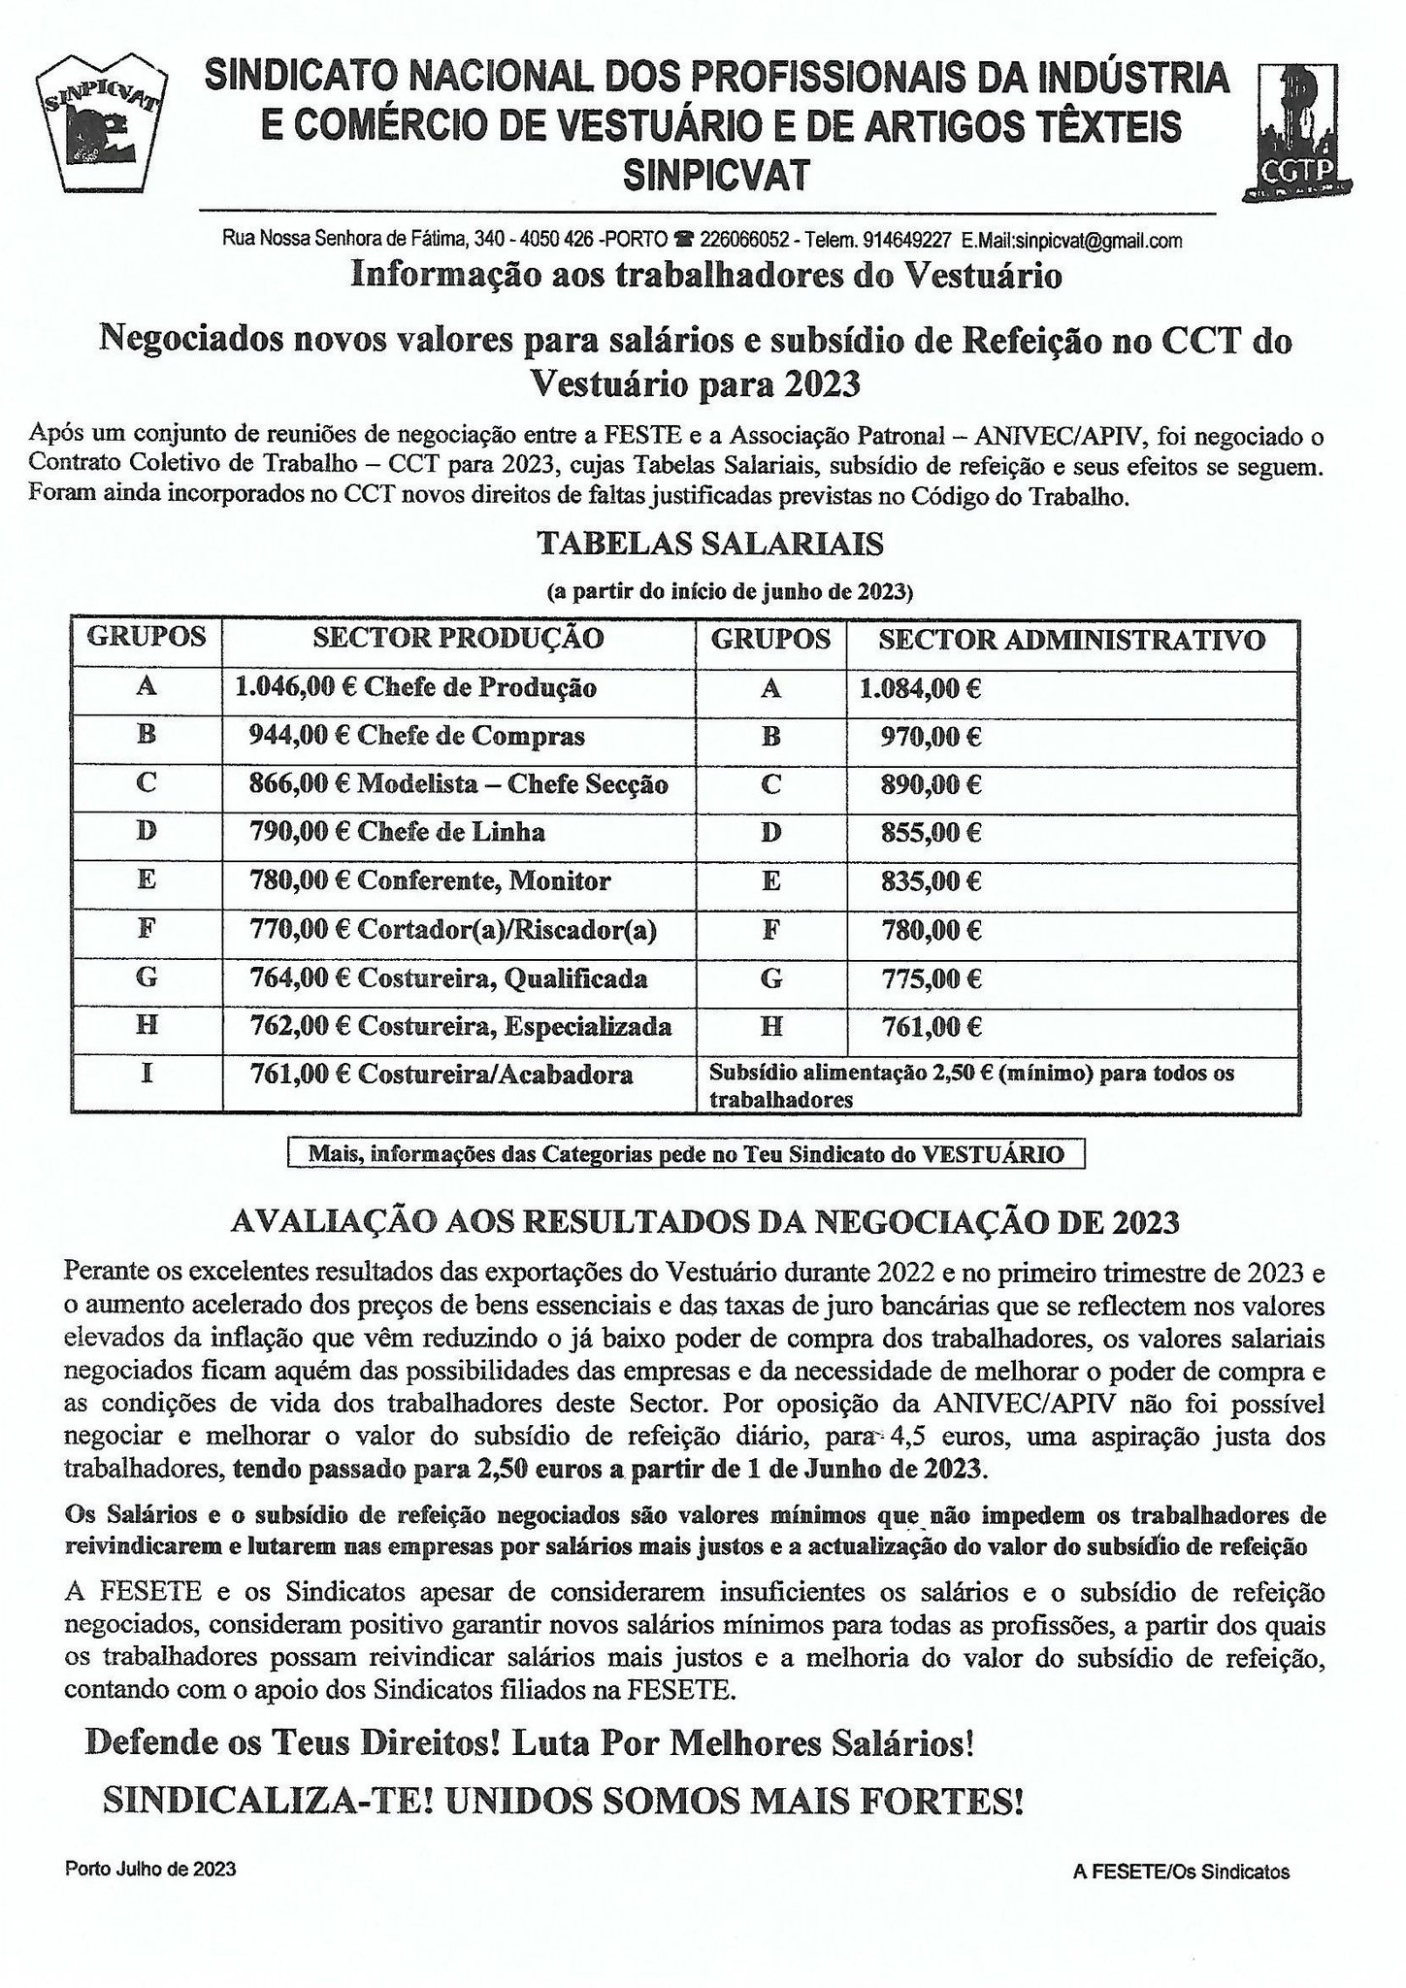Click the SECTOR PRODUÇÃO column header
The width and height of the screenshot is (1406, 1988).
pyautogui.click(x=458, y=639)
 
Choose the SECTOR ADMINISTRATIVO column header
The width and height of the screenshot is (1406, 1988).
pyautogui.click(x=1071, y=640)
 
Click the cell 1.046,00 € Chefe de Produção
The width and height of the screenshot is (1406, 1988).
pyautogui.click(x=415, y=688)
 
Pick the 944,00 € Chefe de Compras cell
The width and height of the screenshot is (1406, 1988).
pyautogui.click(x=417, y=737)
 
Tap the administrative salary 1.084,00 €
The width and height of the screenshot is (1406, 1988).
pyautogui.click(x=920, y=689)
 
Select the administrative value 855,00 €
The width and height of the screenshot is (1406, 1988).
pyautogui.click(x=931, y=833)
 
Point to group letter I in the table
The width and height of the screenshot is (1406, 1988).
pyautogui.click(x=147, y=1075)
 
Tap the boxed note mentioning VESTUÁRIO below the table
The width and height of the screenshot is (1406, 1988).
pyautogui.click(x=686, y=1154)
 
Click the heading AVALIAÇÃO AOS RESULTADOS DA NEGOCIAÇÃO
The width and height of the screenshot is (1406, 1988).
pyautogui.click(x=705, y=1222)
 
